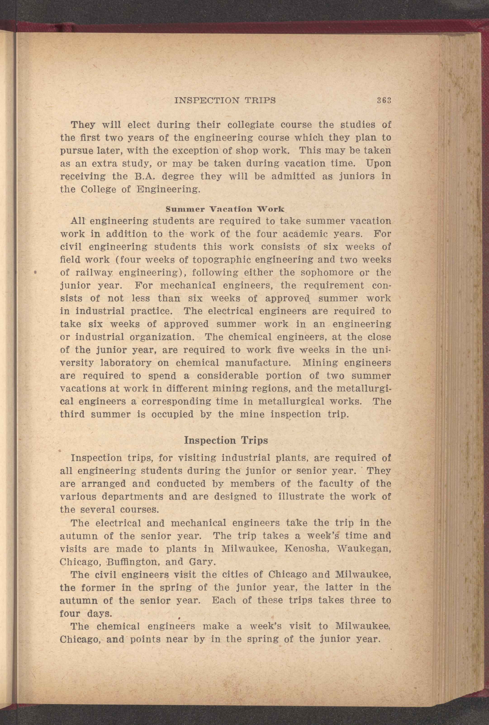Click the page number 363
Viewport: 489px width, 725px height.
384,100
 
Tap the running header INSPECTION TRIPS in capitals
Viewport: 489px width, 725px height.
225,100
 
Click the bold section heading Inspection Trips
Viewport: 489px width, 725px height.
226,440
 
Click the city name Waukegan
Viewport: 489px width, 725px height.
366,549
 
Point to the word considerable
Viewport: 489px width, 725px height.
237,376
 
